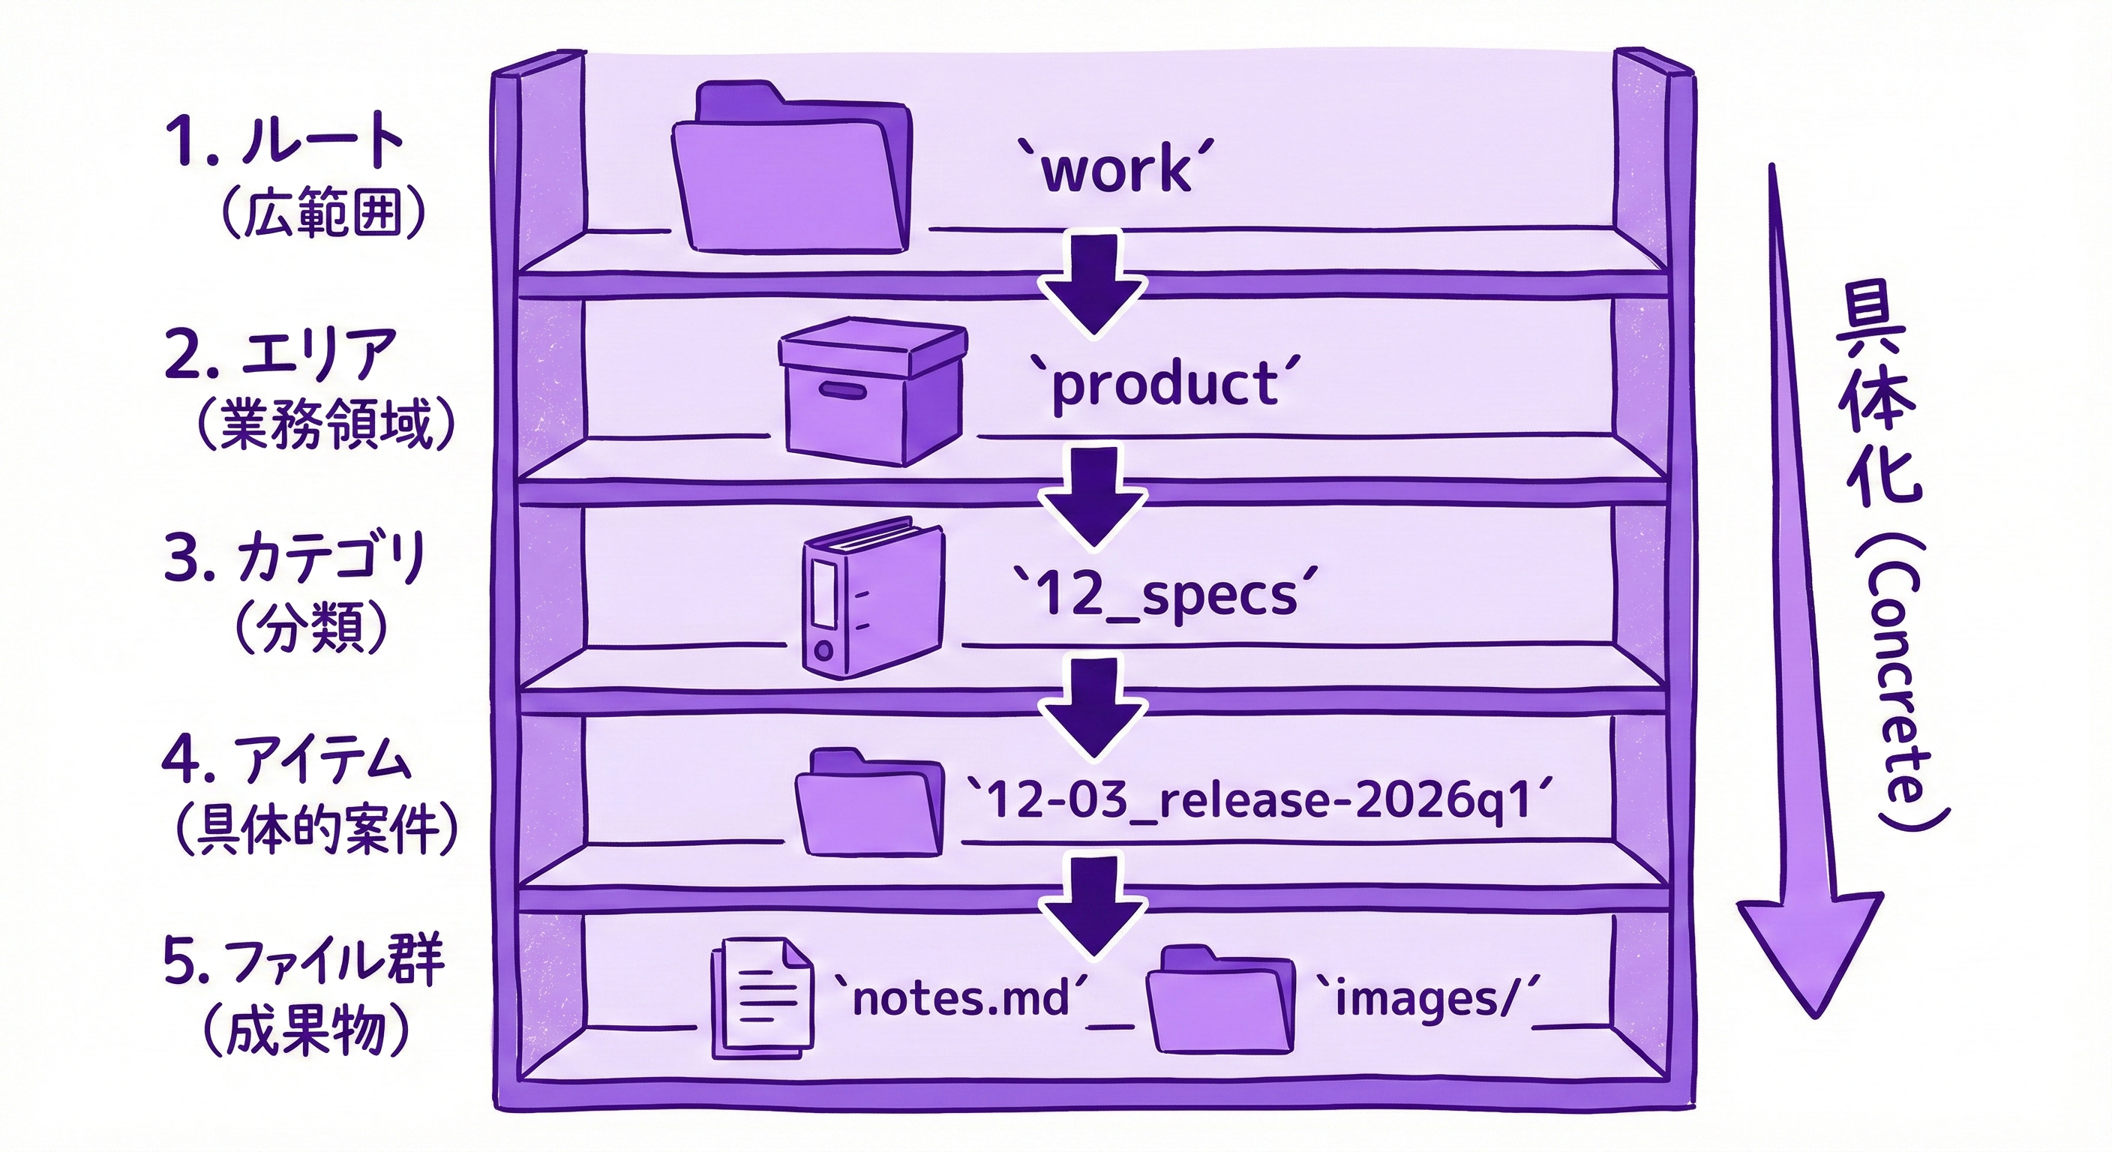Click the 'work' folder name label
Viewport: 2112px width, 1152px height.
coord(1117,169)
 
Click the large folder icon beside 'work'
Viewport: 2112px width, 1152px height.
coord(790,166)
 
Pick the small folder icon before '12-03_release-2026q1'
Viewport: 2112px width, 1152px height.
coord(870,802)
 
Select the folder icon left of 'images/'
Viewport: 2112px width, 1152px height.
coord(1221,1000)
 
